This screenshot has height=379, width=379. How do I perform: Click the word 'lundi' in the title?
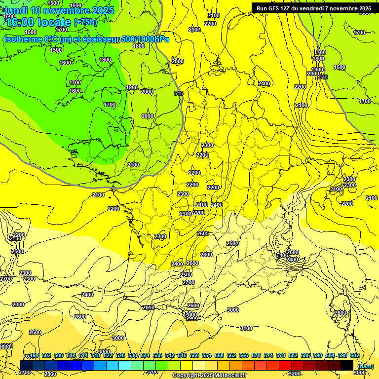(x=15, y=10)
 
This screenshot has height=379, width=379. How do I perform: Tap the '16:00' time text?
(x=20, y=22)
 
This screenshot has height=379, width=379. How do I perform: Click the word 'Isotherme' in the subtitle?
(x=23, y=38)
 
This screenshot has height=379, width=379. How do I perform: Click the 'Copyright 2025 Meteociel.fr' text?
(x=210, y=376)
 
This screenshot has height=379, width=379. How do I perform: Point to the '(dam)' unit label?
(x=365, y=366)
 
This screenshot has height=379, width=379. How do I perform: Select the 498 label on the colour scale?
(x=34, y=355)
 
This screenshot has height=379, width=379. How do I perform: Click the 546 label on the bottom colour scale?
(x=182, y=355)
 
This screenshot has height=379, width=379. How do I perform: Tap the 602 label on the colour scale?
(x=355, y=355)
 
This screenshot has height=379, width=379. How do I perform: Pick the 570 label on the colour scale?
(x=256, y=355)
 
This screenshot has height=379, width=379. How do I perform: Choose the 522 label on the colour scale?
(x=108, y=355)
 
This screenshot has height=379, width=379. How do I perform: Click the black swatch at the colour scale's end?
(x=347, y=365)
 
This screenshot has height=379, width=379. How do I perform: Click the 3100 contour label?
(x=246, y=328)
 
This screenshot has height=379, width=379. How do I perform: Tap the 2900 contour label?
(x=192, y=319)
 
